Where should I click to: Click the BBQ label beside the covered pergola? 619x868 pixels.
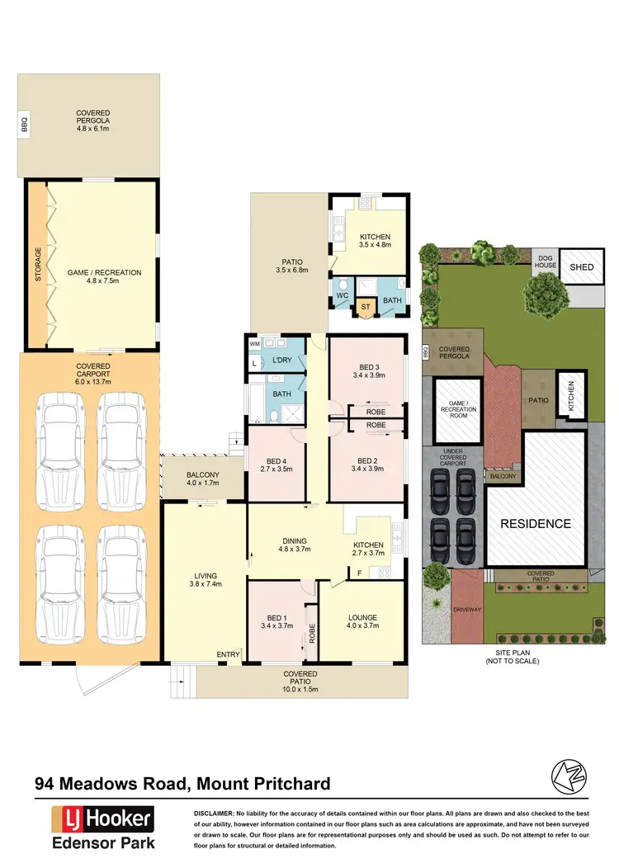pos(24,125)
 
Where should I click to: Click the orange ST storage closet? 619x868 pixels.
pos(366,307)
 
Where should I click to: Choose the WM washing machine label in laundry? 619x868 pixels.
pos(254,342)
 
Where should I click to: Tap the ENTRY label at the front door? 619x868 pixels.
pos(228,655)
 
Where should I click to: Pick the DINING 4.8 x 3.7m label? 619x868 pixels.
pos(293,544)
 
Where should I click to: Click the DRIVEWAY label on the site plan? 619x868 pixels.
pos(467,609)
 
